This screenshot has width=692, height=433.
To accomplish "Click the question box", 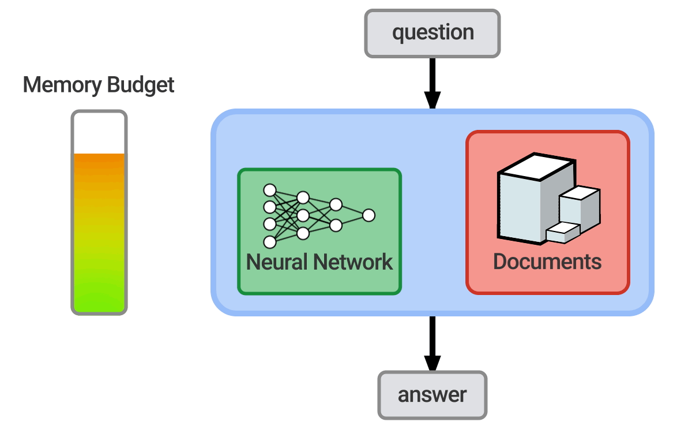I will (x=432, y=33).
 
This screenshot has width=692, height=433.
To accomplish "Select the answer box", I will (x=432, y=395).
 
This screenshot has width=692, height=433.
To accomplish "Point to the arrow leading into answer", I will (x=432, y=344).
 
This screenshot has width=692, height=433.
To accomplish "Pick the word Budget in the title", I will (x=140, y=85).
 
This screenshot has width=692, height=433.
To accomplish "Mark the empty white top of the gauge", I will (x=99, y=133).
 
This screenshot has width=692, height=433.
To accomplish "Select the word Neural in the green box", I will (x=276, y=262).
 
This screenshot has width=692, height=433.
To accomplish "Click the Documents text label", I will (x=547, y=262).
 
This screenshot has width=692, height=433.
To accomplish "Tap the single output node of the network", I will (x=368, y=215).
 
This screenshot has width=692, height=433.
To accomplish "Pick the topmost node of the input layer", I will (x=269, y=190).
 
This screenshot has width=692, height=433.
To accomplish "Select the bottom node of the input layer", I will (x=269, y=242).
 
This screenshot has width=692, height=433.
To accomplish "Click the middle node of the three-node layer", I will (x=303, y=216).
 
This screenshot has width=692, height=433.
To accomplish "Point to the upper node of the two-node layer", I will (x=336, y=205).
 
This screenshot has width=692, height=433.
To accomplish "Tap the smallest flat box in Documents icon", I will (x=562, y=233).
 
